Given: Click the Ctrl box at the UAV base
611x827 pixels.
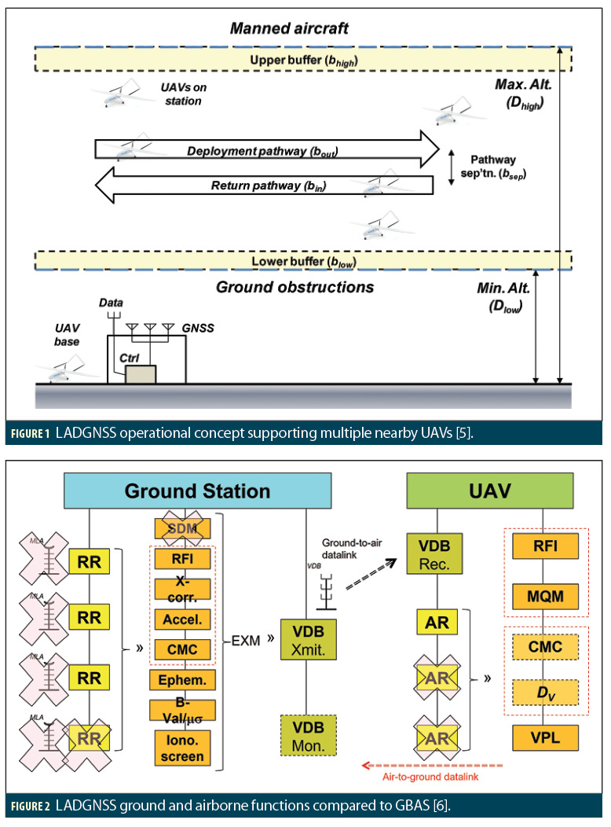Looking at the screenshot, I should click(x=140, y=373).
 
